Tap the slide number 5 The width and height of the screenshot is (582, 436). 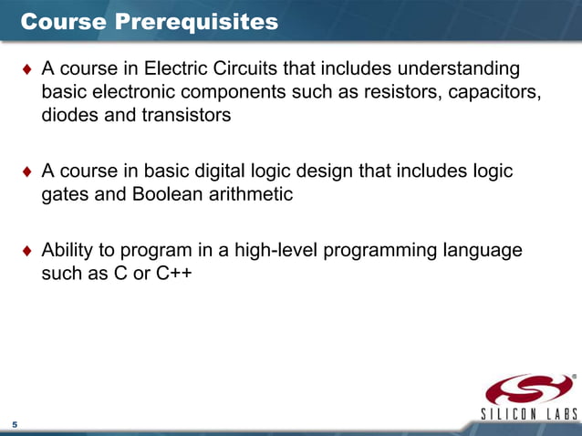[15, 425]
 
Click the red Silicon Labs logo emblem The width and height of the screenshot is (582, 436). [529, 391]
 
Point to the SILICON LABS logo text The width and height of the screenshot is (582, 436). [529, 416]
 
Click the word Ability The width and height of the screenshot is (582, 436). [68, 249]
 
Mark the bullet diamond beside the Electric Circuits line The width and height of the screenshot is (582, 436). [27, 70]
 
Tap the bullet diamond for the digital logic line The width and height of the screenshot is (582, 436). [27, 172]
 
